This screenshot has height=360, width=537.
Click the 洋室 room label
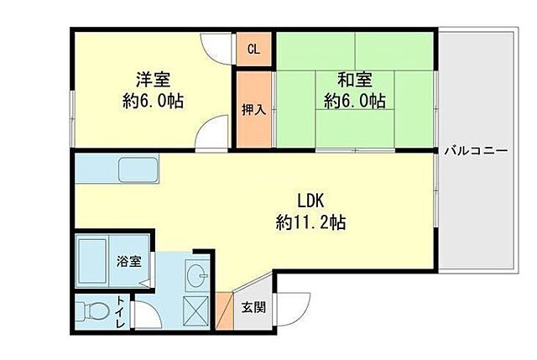pos(154,80)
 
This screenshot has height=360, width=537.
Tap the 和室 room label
pos(355,80)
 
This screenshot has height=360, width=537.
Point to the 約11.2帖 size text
pos(310,223)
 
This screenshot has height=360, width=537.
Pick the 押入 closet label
pos(253,110)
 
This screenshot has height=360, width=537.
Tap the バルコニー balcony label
pos(475,152)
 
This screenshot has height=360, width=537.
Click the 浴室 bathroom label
pos(128,260)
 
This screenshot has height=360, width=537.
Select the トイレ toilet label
pos(122,314)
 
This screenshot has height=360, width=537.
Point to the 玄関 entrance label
pos(254,308)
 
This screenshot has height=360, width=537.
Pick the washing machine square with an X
pos(196,311)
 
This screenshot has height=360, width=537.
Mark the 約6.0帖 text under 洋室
pos(154,102)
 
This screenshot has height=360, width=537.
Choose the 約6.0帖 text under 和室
pos(355,102)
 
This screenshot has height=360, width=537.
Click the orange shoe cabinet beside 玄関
pos(225,310)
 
